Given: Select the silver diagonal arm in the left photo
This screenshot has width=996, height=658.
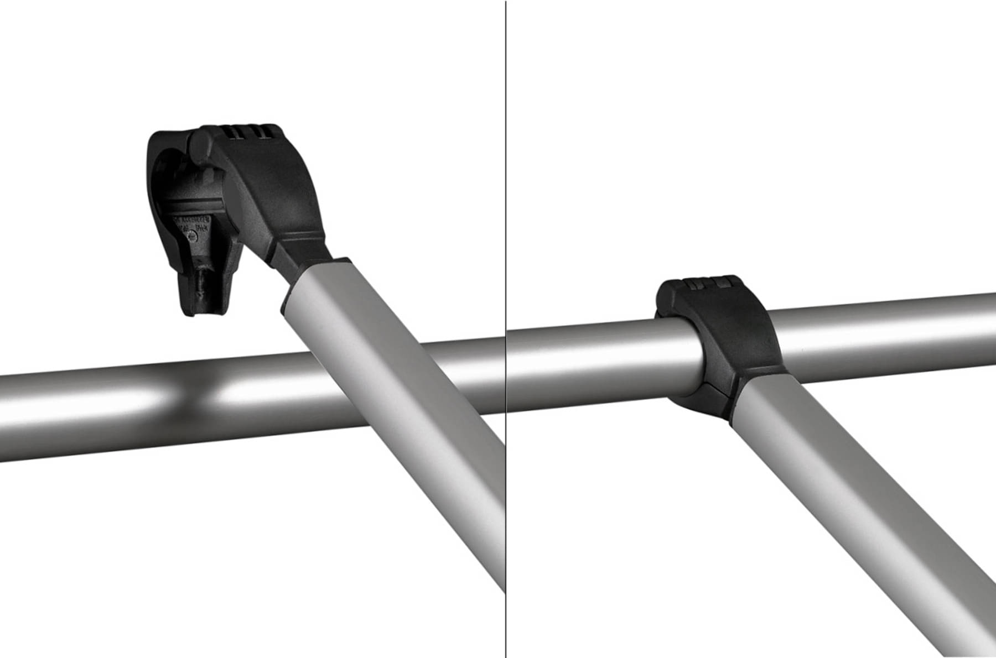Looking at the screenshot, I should click(x=398, y=415).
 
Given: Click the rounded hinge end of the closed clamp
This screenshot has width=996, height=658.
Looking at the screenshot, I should click(x=667, y=301).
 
